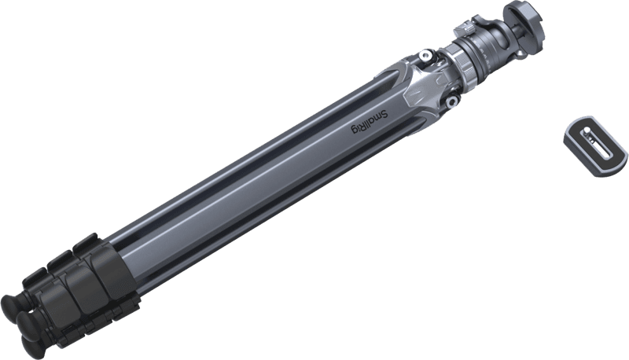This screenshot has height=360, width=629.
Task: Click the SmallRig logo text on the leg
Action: coord(370,123)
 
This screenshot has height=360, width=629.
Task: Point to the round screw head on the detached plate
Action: coord(587,130)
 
